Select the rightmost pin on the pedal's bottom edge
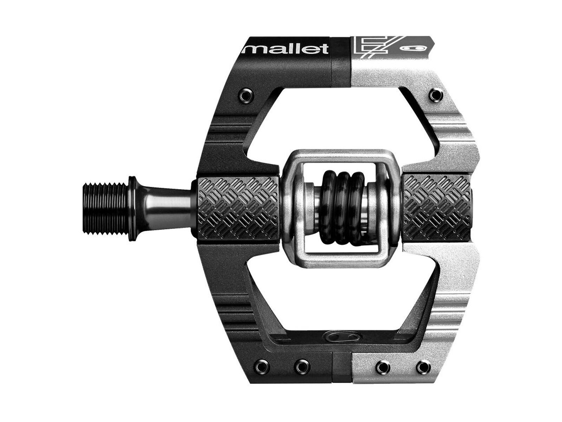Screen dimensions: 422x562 click(x=421, y=366)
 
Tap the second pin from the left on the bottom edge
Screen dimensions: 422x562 click(x=300, y=366)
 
